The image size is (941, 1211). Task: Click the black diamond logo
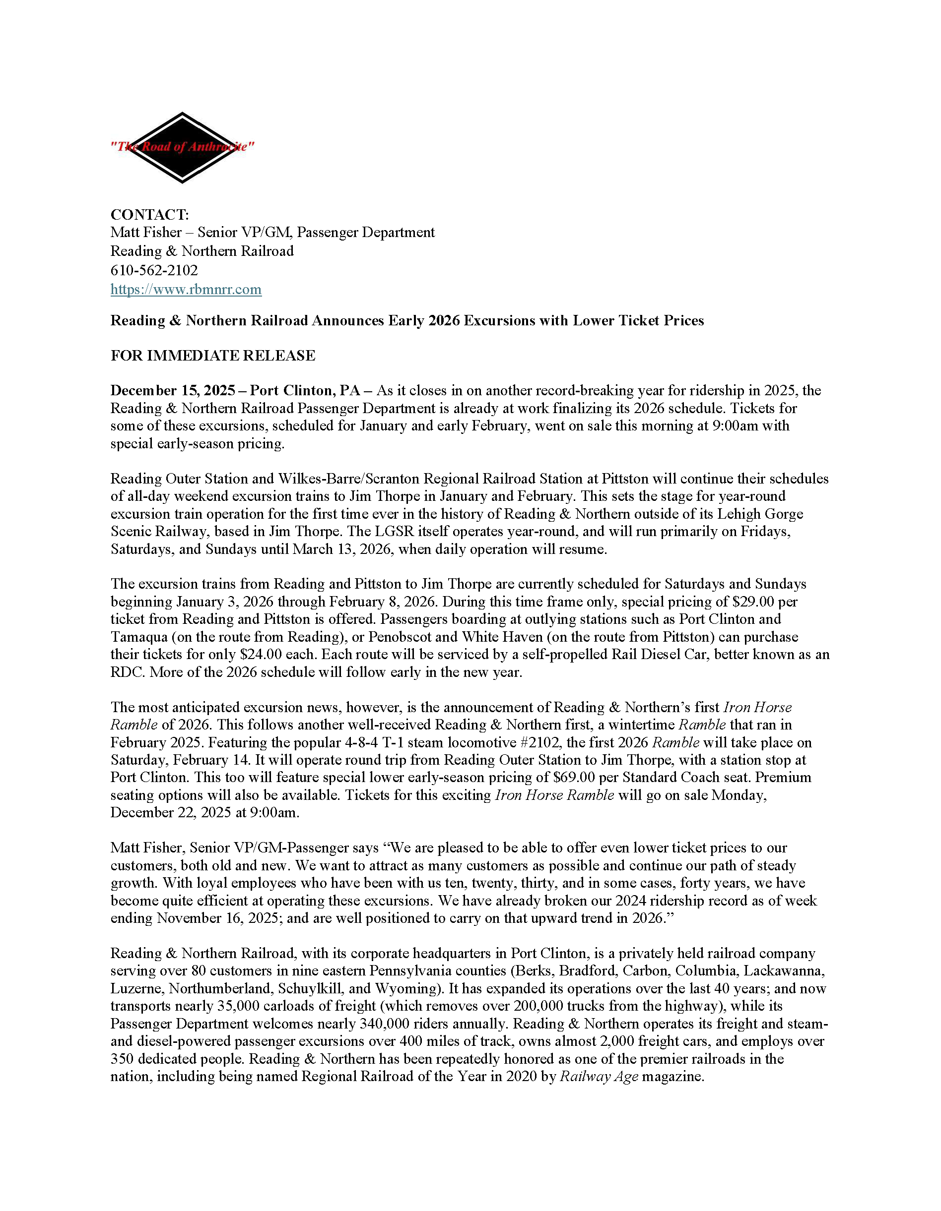pyautogui.click(x=182, y=147)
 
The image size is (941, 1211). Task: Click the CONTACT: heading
pyautogui.click(x=149, y=215)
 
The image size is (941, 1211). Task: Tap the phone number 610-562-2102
pyautogui.click(x=154, y=270)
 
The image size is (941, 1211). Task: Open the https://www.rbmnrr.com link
pyautogui.click(x=186, y=290)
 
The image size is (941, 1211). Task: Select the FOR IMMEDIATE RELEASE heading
pyautogui.click(x=212, y=356)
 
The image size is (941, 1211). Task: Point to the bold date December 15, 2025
pyautogui.click(x=173, y=390)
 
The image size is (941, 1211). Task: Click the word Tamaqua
pyautogui.click(x=140, y=637)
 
